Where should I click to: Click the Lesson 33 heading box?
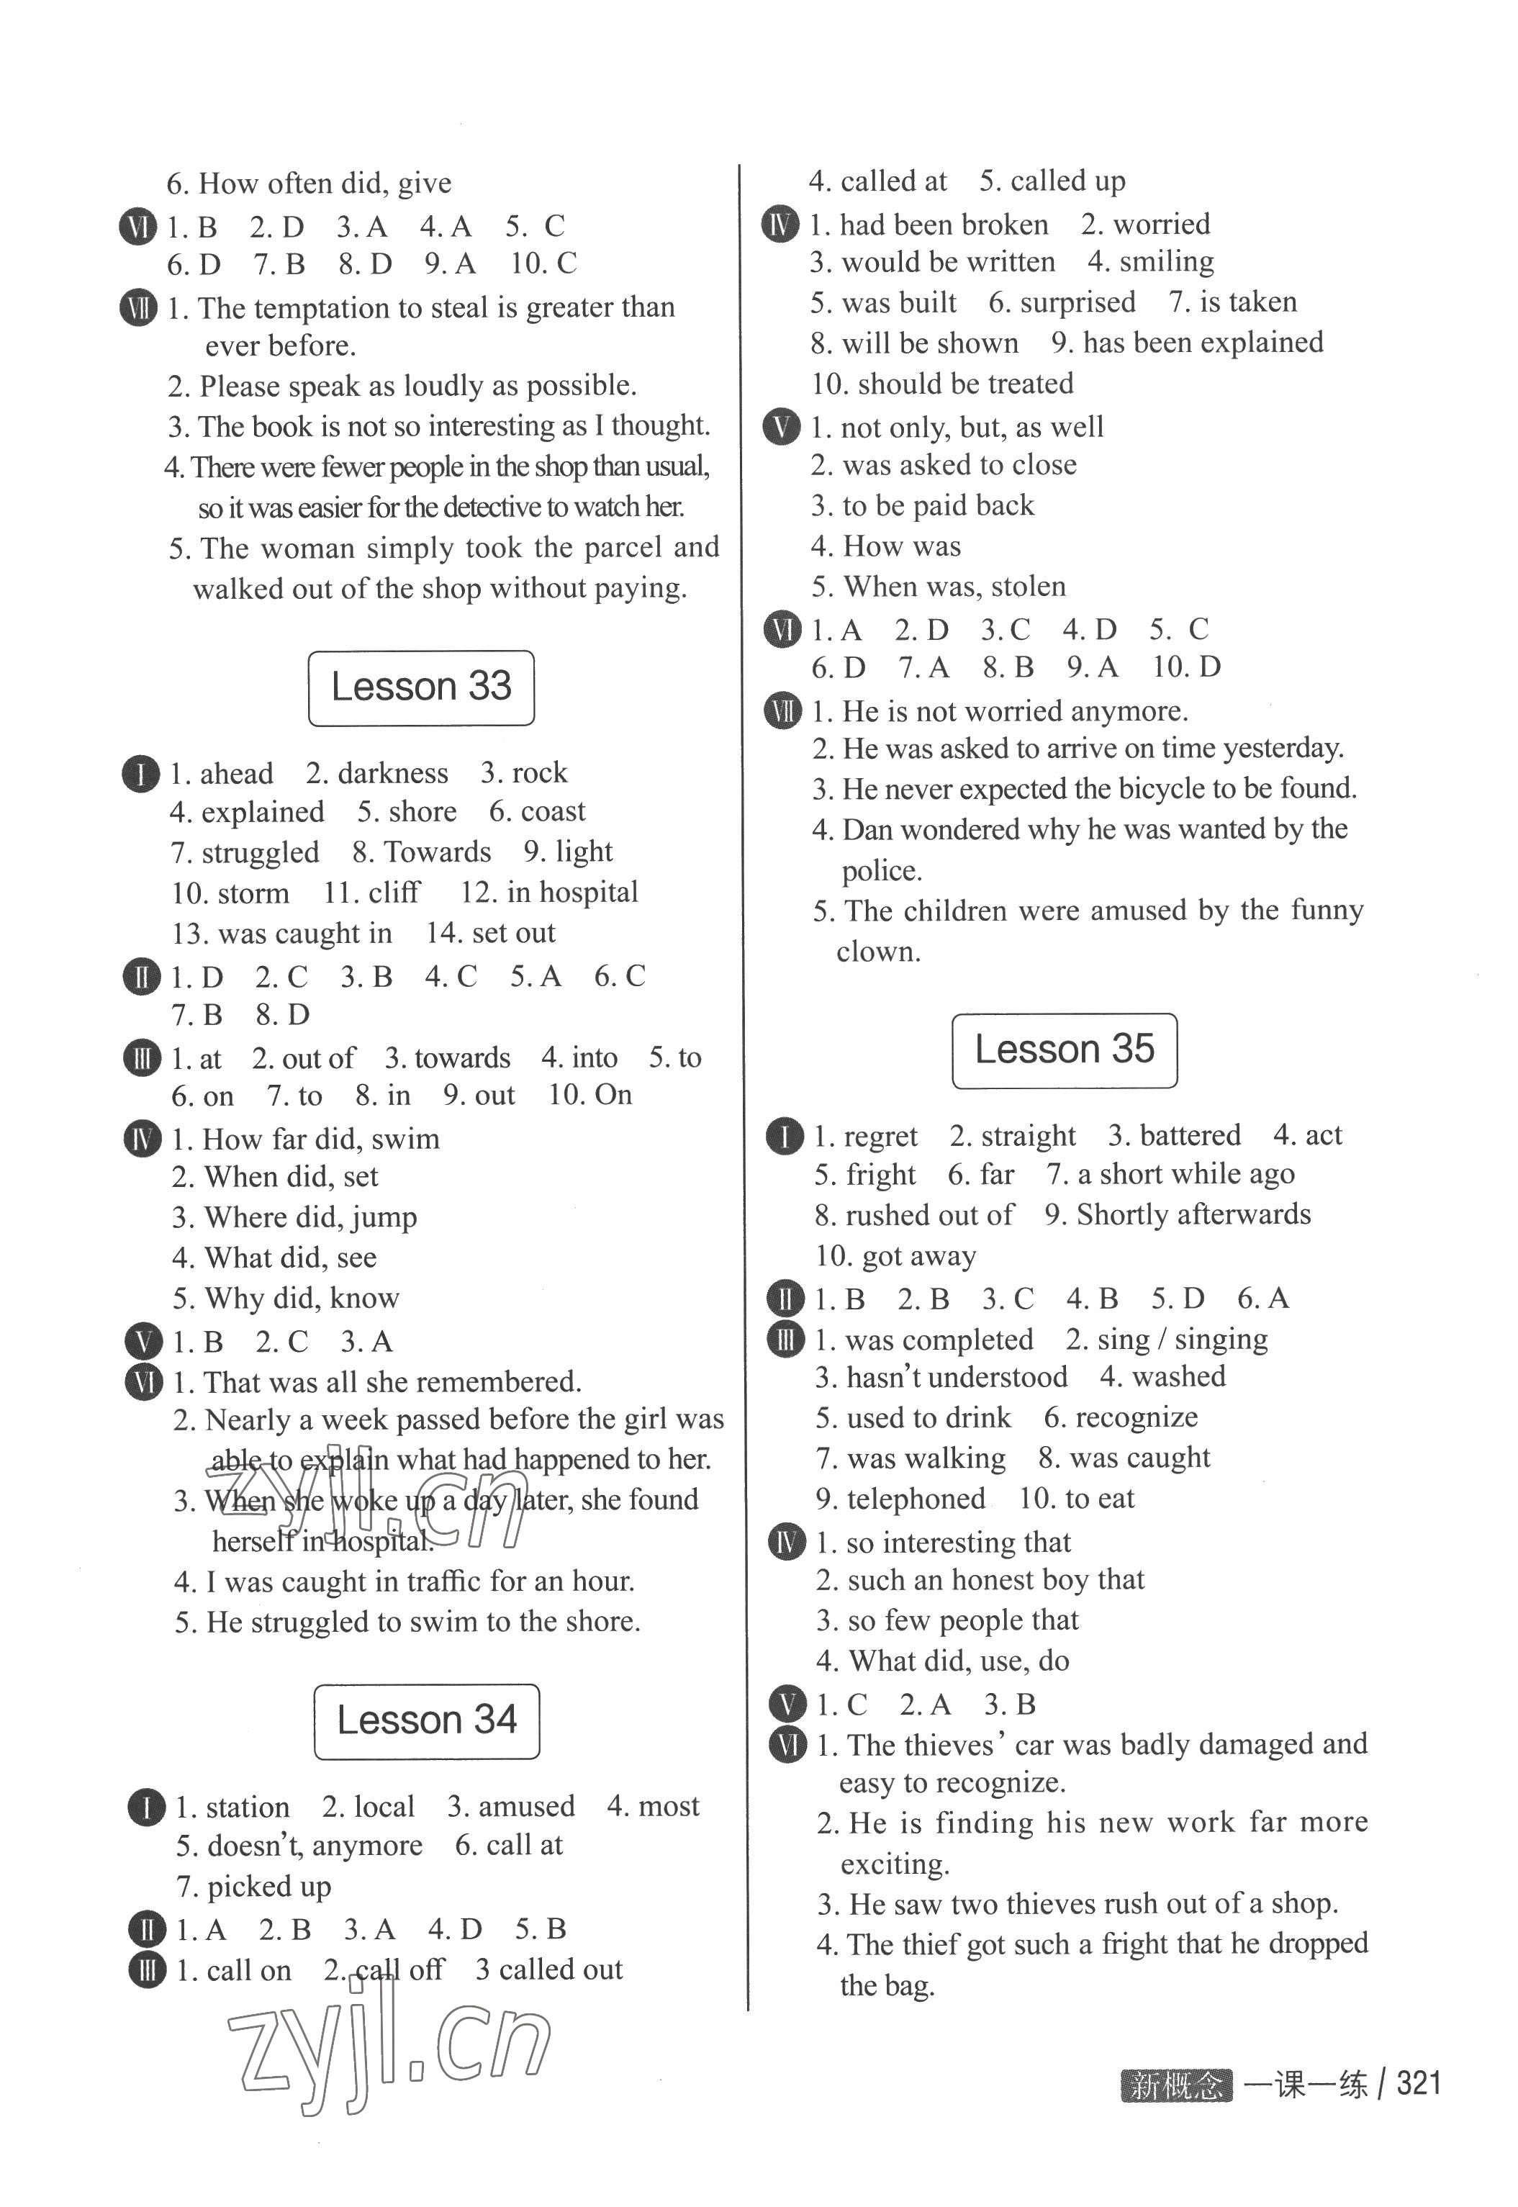420,687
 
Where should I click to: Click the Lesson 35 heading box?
1065,1050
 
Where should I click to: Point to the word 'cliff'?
394,893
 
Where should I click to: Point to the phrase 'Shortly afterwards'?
1193,1215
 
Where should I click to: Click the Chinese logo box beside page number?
1175,2085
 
